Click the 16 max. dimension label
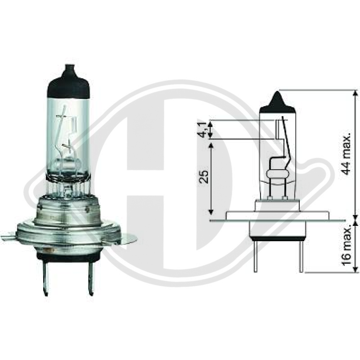tap(346, 247)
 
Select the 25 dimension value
tap(204, 177)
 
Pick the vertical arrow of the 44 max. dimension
tap(356, 155)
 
